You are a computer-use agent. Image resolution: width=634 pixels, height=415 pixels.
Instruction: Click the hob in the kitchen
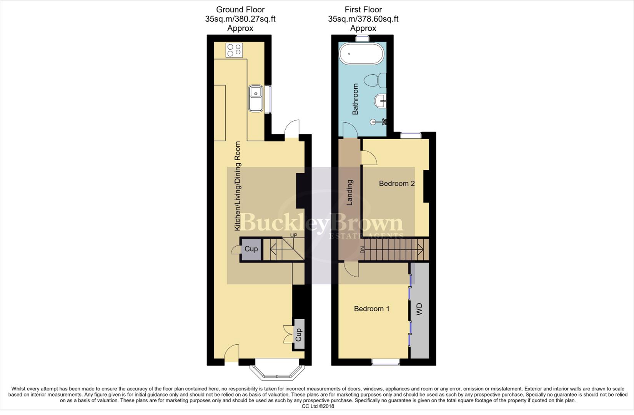(234, 50)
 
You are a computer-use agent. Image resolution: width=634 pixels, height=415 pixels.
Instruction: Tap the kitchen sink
(255, 98)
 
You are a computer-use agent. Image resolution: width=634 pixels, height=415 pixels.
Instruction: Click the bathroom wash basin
(381, 101)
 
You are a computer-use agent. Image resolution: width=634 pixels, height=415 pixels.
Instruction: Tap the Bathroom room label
(355, 99)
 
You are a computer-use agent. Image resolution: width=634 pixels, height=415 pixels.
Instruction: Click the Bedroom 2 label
(396, 184)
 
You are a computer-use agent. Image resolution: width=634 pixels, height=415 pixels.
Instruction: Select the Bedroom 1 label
(371, 309)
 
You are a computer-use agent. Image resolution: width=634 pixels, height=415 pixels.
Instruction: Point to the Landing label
(350, 193)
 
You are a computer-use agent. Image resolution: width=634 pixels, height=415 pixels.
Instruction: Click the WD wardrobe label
(419, 309)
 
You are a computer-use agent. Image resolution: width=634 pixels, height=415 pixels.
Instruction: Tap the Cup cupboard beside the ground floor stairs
(251, 249)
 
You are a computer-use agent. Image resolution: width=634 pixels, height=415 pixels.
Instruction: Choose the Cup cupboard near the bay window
(299, 334)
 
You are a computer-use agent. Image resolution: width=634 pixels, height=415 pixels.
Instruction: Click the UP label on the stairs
(294, 235)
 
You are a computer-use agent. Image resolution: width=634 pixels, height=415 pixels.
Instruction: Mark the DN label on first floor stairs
(362, 250)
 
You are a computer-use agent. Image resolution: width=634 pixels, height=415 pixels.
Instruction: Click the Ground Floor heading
(240, 10)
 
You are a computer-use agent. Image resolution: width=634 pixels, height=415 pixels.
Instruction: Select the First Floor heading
(363, 10)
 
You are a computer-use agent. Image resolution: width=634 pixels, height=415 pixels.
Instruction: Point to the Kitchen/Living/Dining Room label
(238, 186)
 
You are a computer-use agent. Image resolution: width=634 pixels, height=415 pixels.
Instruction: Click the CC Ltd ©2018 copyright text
(318, 406)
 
